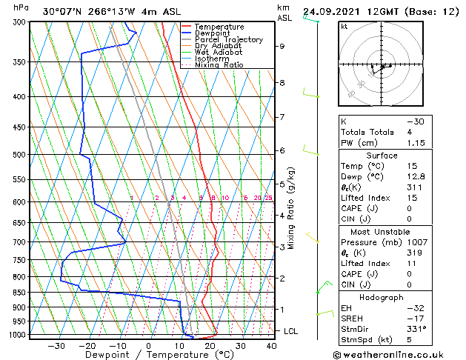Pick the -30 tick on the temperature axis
56,345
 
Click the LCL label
291,331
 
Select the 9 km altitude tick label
282,46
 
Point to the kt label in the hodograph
344,26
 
